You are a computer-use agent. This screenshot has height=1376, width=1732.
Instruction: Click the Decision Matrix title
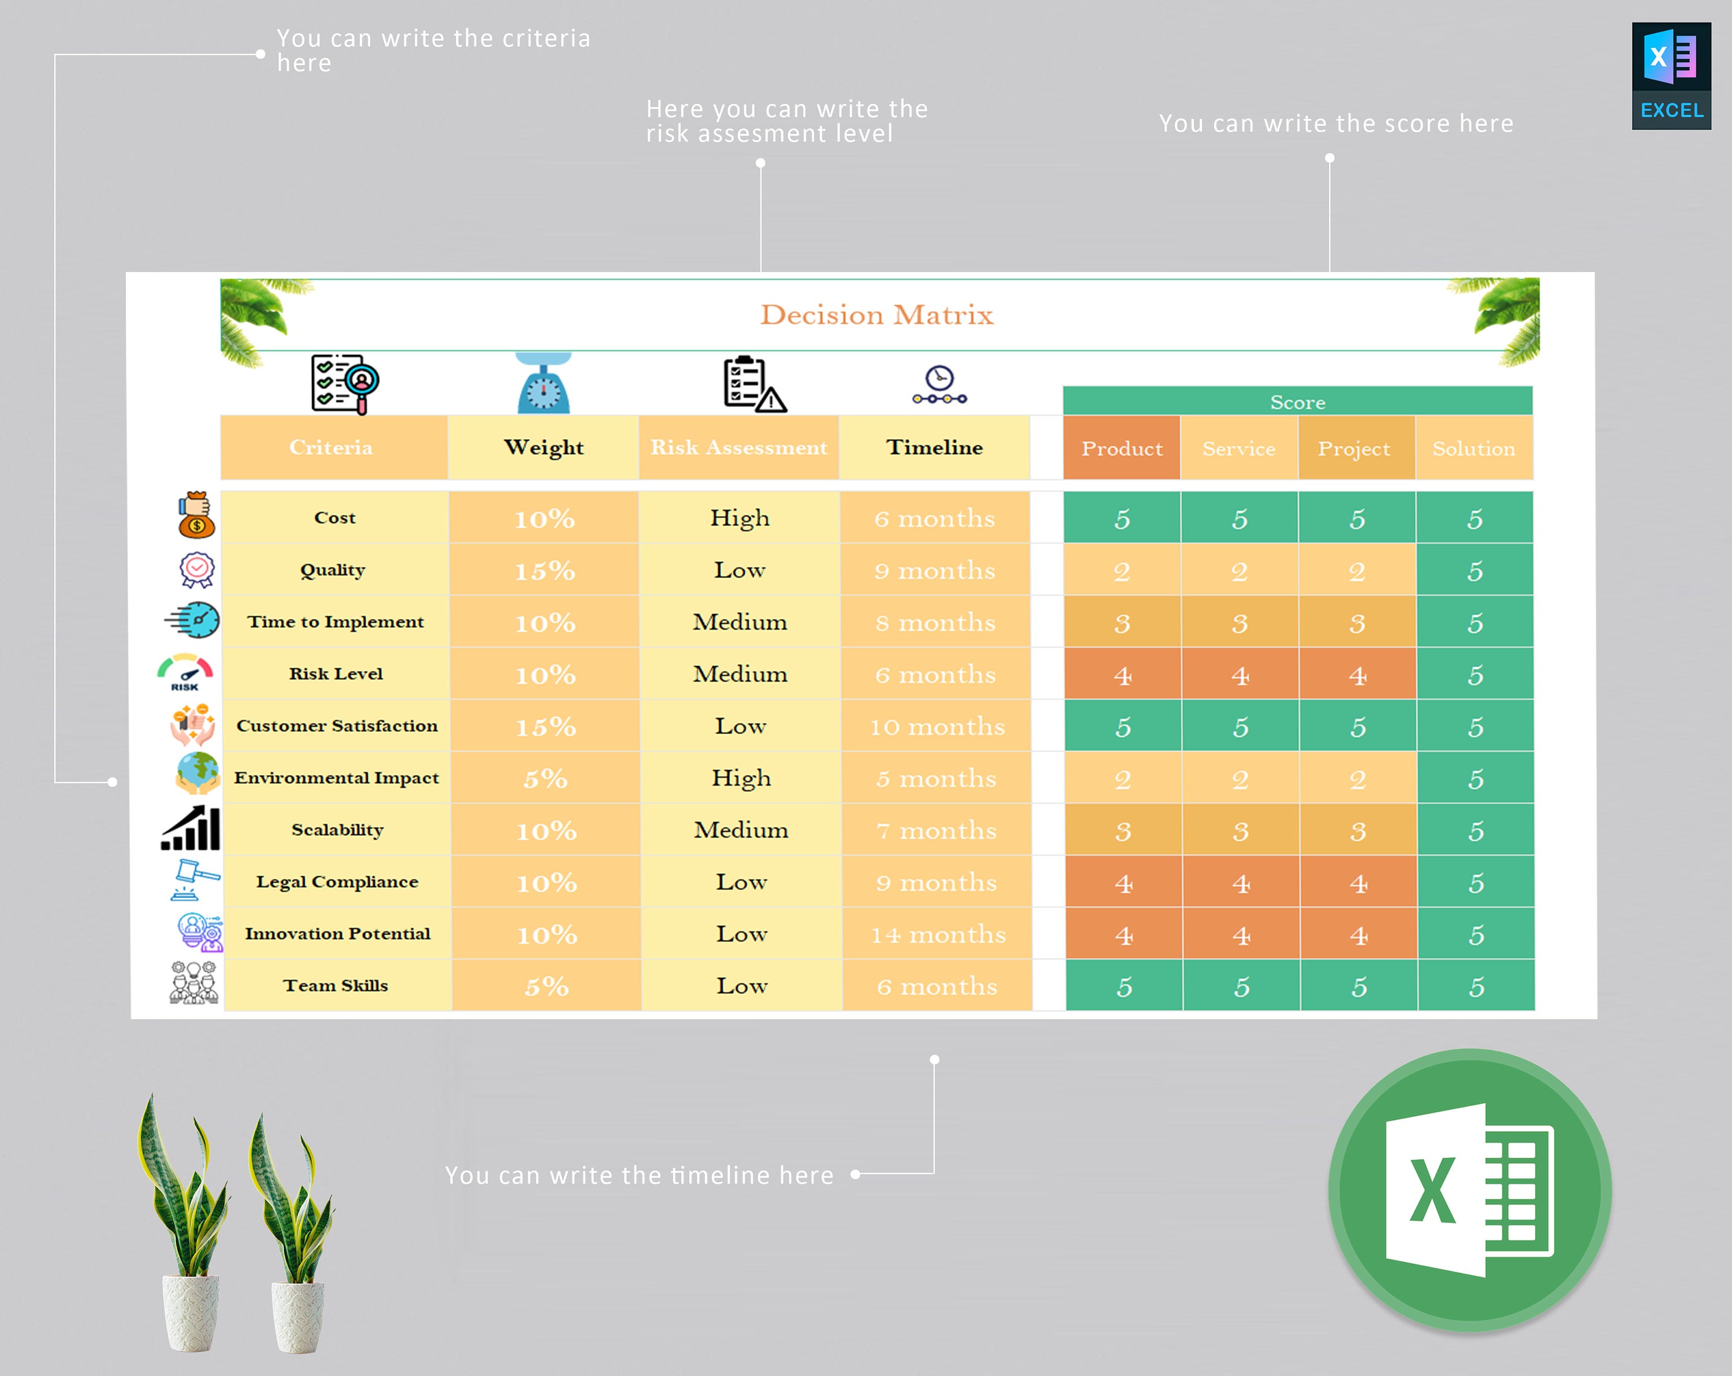876,315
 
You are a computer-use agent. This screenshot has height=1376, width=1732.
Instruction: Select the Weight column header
543,447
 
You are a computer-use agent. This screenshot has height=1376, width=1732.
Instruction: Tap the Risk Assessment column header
738,447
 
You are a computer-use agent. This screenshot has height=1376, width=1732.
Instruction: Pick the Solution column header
1473,448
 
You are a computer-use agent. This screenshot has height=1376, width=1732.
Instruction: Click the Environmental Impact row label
337,777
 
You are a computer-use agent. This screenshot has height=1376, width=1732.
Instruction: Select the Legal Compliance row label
337,882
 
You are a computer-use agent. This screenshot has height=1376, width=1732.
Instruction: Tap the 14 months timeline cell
938,934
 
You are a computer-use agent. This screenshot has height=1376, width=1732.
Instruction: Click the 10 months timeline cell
936,726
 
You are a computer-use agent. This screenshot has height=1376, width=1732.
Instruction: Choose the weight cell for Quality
544,570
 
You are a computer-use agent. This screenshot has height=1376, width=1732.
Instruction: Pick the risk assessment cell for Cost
739,518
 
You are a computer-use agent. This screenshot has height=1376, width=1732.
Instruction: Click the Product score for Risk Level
1122,675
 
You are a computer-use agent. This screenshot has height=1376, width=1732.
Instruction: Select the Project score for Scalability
1358,831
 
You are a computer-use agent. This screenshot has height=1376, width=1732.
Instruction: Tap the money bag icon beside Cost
196,515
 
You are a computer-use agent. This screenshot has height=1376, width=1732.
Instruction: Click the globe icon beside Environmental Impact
197,773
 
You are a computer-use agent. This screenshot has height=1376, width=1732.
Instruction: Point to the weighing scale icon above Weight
544,383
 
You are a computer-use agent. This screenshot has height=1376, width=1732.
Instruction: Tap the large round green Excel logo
1469,1190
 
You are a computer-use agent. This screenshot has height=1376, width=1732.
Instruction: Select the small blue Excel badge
1671,76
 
